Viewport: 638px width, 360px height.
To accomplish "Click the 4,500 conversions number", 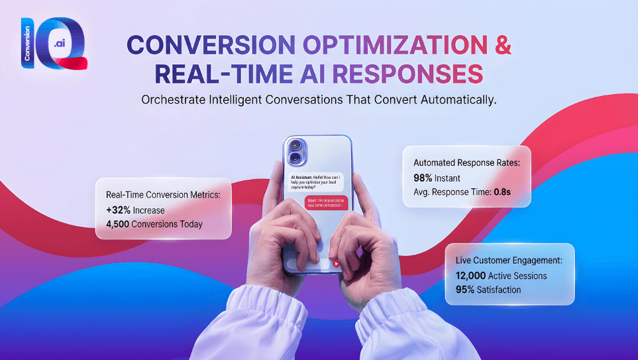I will tap(120, 224).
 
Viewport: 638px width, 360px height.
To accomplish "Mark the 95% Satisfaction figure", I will tap(462, 290).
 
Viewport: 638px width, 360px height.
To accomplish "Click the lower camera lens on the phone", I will tap(295, 158).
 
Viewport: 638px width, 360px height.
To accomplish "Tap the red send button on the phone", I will tap(337, 263).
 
